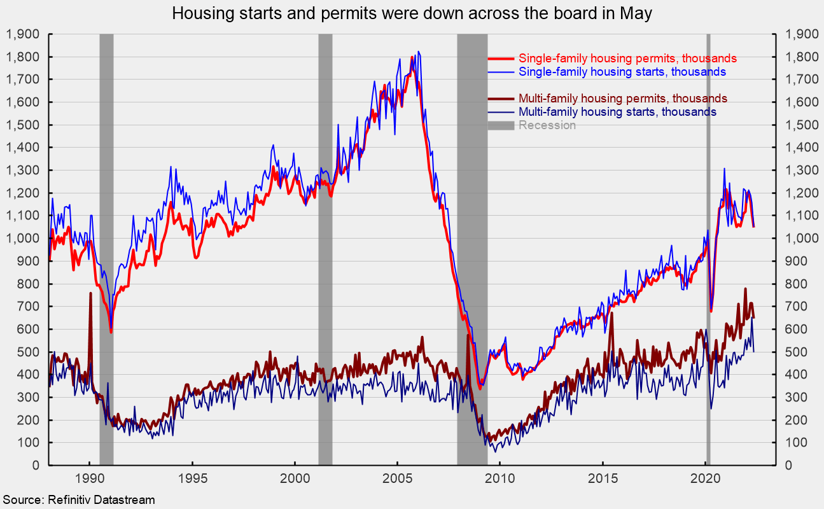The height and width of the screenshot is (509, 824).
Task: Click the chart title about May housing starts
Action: pyautogui.click(x=412, y=13)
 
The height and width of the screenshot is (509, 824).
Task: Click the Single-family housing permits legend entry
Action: pyautogui.click(x=627, y=59)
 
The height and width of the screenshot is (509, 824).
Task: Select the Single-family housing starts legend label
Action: pyautogui.click(x=622, y=72)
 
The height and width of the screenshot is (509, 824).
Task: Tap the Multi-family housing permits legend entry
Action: pyautogui.click(x=622, y=99)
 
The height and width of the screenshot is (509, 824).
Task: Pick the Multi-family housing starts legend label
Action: pyautogui.click(x=617, y=112)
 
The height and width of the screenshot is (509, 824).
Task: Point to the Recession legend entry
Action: pyautogui.click(x=547, y=125)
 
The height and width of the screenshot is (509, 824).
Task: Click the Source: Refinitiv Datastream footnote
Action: pyautogui.click(x=78, y=500)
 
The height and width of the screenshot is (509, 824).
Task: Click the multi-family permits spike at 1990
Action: pyautogui.click(x=90, y=294)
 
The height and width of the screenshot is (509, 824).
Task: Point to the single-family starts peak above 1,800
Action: pyautogui.click(x=418, y=52)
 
